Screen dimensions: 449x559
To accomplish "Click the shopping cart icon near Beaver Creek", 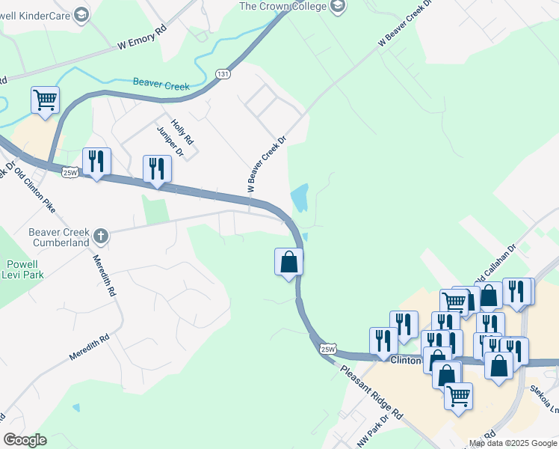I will pos(45,100).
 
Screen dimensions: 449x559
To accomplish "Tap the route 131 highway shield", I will pos(223,74).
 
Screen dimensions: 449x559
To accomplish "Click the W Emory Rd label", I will pos(142,40).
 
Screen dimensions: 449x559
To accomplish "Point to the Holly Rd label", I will pos(182,132).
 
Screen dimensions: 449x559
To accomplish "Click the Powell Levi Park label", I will pos(22,269).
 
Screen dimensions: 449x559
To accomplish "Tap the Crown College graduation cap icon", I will pos(339,7).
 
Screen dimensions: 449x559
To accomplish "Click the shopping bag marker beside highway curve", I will pos(288,263).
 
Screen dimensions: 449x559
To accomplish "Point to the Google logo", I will pos(25,440).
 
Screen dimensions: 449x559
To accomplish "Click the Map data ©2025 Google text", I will pos(513,443).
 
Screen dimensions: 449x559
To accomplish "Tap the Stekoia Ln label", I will pos(543,397).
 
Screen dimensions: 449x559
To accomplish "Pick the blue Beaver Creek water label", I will pos(161,85).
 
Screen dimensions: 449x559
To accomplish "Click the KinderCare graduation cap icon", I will pos(81,13).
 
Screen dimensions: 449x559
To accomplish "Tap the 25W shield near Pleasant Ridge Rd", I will pos(327,349).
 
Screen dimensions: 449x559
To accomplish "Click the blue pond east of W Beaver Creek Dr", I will pos(299,198).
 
